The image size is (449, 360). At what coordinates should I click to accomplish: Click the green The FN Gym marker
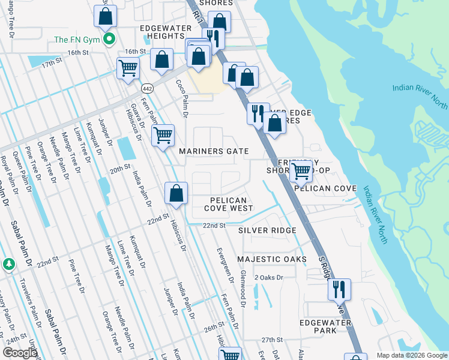[x=109, y=40]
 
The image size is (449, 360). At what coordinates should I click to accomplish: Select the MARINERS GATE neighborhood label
[x=214, y=151]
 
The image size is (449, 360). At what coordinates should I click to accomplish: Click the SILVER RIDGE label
[x=267, y=230]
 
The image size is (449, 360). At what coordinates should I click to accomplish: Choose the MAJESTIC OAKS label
[x=271, y=259]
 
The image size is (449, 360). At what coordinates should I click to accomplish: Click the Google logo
[x=19, y=353]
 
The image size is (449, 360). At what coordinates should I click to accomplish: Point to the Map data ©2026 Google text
[x=411, y=355]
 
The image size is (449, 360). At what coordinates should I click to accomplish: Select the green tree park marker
[x=8, y=264]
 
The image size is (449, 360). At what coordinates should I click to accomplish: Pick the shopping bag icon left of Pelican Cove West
[x=176, y=194]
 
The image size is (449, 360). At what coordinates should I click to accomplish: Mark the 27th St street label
[x=271, y=340]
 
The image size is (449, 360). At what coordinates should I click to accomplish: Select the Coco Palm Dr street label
[x=181, y=98]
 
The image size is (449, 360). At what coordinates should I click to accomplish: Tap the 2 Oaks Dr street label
[x=268, y=277]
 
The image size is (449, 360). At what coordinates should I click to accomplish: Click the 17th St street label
[x=52, y=62]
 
